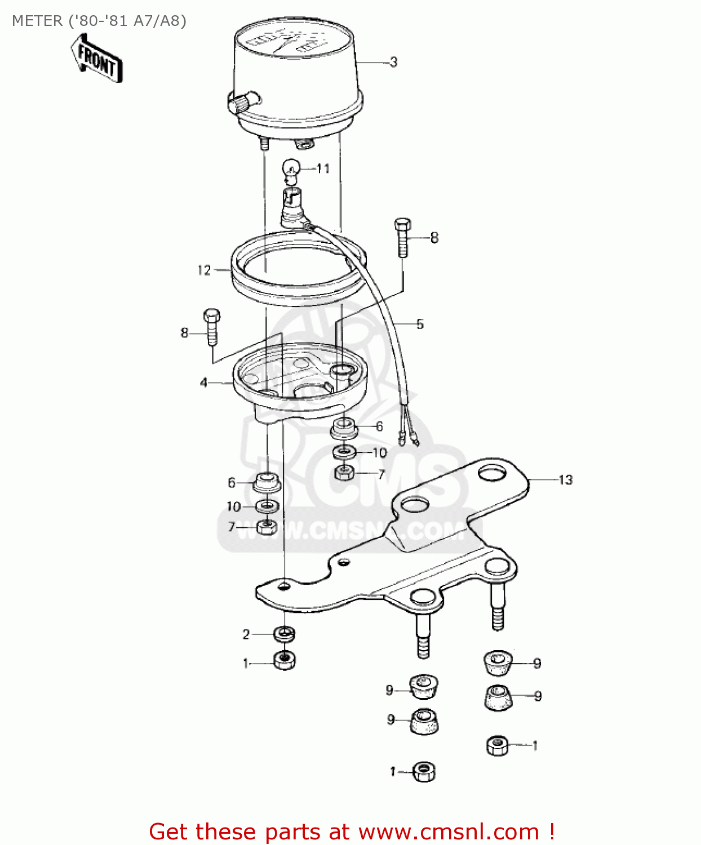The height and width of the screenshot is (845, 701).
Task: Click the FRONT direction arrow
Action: [96, 59]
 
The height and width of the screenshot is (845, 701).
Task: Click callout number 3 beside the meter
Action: [393, 62]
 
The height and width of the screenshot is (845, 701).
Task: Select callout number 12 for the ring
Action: [204, 270]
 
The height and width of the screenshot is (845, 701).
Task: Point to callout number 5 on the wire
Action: [420, 324]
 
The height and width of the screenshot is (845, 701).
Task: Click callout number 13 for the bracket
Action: [565, 480]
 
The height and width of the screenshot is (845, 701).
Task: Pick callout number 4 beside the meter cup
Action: [203, 383]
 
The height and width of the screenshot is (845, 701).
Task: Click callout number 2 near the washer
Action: [246, 634]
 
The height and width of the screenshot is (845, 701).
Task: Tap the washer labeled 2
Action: [285, 634]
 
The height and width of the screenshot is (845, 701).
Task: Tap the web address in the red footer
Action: [449, 832]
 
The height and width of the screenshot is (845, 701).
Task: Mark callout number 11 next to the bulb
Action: [323, 168]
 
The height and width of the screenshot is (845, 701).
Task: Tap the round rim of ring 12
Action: [299, 293]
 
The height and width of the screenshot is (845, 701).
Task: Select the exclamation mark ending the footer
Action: [551, 832]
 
